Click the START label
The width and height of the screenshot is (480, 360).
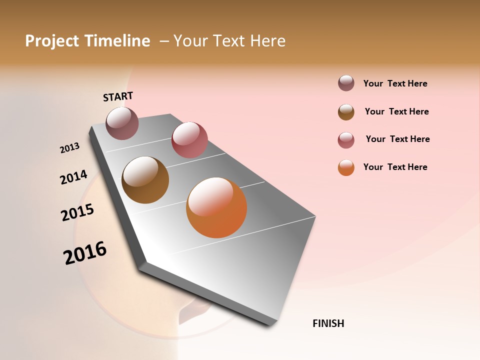click(118, 96)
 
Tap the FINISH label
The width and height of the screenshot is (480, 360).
click(328, 323)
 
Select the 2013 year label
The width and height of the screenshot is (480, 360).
click(69, 148)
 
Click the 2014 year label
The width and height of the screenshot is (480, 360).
click(73, 177)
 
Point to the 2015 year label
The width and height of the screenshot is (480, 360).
click(77, 212)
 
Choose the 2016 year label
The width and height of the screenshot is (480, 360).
click(85, 253)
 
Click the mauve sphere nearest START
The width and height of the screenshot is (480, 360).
click(122, 123)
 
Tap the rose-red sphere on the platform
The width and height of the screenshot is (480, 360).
click(189, 140)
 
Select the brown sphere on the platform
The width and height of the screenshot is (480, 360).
click(145, 180)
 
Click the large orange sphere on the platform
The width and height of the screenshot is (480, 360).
click(216, 207)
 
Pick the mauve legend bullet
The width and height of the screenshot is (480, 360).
click(346, 83)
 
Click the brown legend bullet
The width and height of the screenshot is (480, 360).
click(346, 112)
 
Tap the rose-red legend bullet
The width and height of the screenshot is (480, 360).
click(346, 140)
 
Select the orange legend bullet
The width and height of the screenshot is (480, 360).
click(346, 167)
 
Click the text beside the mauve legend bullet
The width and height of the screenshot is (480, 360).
click(395, 84)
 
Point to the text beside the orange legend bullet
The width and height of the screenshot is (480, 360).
click(395, 167)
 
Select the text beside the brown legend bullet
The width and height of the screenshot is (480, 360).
click(396, 111)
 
